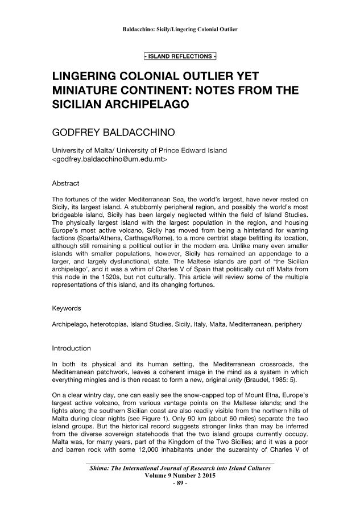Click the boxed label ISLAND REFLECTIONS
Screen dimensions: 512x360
click(180, 56)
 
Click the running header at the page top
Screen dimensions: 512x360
click(180, 28)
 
